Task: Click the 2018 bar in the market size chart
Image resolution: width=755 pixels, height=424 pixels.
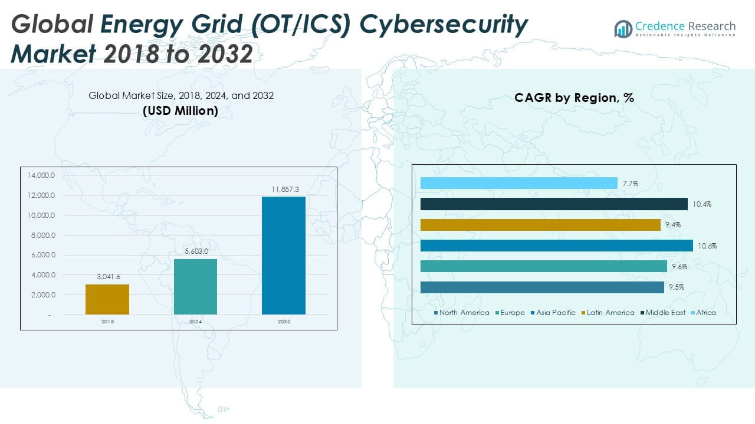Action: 107,299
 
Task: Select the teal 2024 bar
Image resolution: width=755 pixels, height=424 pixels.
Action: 195,287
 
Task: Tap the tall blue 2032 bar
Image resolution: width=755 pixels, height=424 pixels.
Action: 284,256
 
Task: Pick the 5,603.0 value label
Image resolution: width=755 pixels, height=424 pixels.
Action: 195,251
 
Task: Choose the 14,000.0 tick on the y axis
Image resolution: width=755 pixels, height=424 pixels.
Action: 40,175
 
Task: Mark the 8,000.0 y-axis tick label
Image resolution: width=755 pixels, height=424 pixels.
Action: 40,236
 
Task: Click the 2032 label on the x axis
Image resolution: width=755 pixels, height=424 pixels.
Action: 284,322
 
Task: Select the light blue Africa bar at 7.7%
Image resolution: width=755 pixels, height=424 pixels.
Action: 519,183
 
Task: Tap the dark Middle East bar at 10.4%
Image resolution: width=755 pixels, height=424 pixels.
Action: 554,204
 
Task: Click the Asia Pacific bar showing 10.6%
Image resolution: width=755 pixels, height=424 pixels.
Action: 557,246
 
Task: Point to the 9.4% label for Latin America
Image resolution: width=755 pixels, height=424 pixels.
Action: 673,225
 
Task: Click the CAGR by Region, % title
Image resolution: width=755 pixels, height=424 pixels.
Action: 574,98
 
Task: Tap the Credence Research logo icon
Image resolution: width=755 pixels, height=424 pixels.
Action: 623,29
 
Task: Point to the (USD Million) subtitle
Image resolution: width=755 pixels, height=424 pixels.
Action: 180,111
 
